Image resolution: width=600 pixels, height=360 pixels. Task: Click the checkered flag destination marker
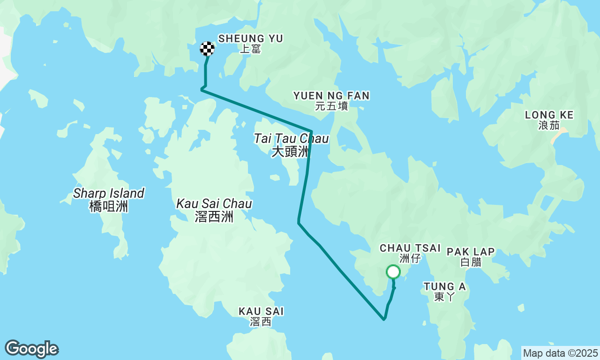[x=207, y=49]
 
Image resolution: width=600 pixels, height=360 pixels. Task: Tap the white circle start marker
[x=393, y=272]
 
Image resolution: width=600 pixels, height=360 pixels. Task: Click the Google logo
[x=31, y=349]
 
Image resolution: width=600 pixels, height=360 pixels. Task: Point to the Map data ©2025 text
[x=560, y=353]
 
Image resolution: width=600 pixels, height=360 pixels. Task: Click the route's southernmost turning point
[x=384, y=319]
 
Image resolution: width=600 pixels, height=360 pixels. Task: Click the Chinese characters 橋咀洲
[x=109, y=206]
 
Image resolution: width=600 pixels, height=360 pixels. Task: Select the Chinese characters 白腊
[x=471, y=262]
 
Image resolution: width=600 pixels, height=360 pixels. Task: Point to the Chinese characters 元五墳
[x=331, y=106]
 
